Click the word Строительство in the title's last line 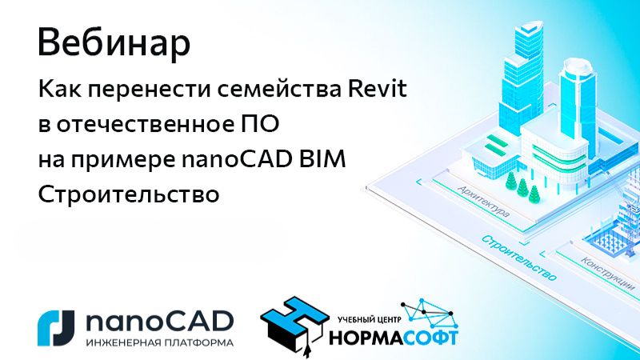(129, 194)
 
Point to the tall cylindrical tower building (577, 104)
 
